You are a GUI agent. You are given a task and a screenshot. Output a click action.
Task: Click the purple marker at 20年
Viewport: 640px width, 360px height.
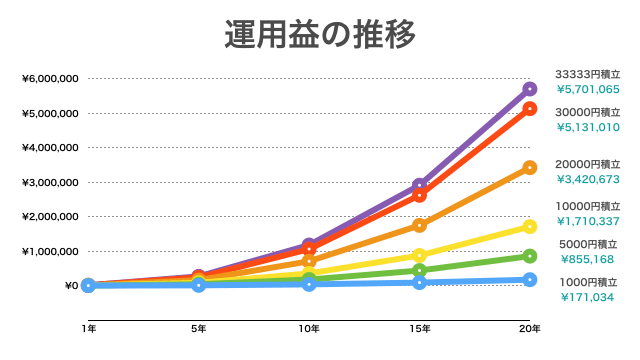530,89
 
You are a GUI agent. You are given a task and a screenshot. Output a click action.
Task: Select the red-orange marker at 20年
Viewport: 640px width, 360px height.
530,109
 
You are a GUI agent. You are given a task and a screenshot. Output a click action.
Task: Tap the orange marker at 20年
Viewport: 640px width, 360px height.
530,168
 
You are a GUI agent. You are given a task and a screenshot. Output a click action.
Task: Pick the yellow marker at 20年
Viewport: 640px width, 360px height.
530,227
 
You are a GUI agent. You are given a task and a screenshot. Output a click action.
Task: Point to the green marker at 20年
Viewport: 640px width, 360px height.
530,256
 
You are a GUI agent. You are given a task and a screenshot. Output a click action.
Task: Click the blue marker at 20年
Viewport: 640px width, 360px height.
530,280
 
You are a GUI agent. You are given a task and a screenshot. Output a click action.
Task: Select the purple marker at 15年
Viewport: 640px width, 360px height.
420,185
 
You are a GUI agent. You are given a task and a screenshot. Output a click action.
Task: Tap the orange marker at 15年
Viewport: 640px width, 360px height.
420,226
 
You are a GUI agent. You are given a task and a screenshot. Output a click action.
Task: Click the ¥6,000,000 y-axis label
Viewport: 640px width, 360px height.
50,78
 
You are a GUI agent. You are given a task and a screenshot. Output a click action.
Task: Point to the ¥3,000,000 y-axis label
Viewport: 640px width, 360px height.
50,182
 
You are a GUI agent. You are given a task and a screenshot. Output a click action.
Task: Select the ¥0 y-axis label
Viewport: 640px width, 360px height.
71,286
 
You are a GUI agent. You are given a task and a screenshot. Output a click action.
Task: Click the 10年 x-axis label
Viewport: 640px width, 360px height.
309,328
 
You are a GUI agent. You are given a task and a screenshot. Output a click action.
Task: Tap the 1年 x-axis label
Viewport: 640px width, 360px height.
89,328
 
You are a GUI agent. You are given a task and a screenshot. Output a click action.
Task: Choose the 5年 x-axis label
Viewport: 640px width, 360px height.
199,328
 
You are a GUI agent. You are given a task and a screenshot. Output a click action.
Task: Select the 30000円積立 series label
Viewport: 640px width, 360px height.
588,112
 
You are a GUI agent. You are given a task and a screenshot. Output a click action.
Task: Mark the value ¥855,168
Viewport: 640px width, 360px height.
588,258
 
